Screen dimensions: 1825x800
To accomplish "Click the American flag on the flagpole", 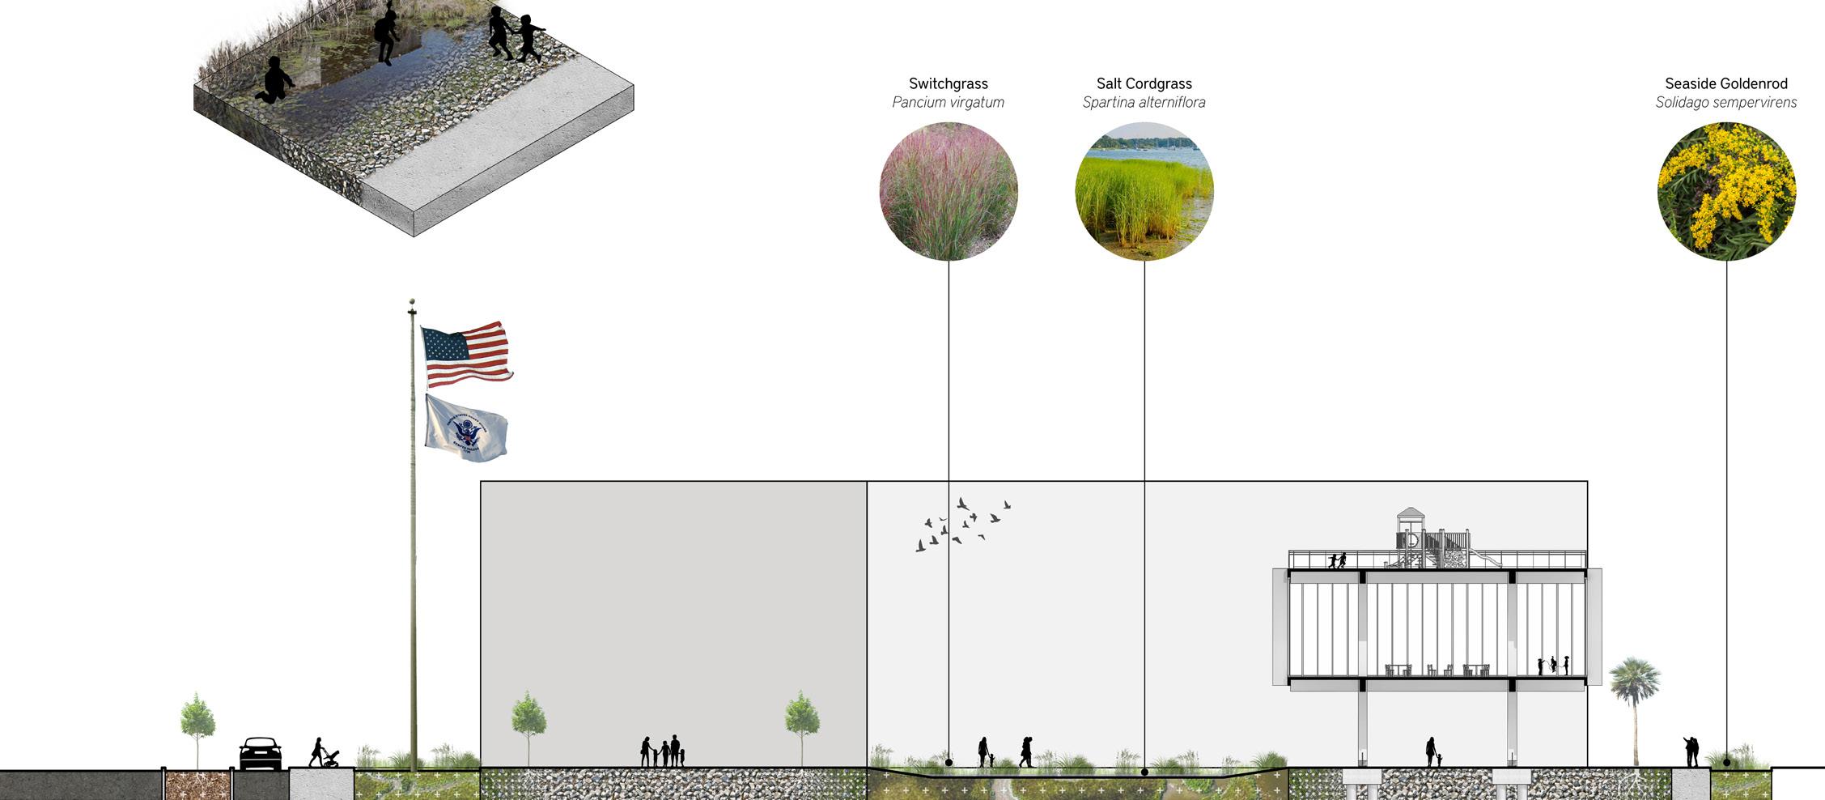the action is coord(466,354).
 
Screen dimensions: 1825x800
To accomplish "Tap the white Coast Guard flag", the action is coord(466,428).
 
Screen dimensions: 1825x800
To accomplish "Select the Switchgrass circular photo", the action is coord(949,191).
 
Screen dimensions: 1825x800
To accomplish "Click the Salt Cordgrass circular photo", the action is coord(1144,191).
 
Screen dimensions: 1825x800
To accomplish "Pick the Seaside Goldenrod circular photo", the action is coord(1726,191).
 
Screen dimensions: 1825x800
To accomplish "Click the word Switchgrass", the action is coord(949,83).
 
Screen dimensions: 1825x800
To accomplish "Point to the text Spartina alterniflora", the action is coord(1144,103).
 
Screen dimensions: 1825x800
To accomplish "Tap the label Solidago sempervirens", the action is coord(1726,103).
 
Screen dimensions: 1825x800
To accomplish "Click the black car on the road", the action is coord(261,754).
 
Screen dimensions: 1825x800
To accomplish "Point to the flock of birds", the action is coord(963,525).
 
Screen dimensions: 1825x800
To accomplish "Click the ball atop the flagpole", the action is coord(412,301).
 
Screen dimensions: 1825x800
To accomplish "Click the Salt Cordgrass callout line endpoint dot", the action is coord(1144,772).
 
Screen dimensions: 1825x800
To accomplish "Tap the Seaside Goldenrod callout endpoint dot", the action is coord(1726,762).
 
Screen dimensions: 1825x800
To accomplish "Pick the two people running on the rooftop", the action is coord(1337,560).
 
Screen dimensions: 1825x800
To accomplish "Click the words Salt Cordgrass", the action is coord(1144,83).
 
